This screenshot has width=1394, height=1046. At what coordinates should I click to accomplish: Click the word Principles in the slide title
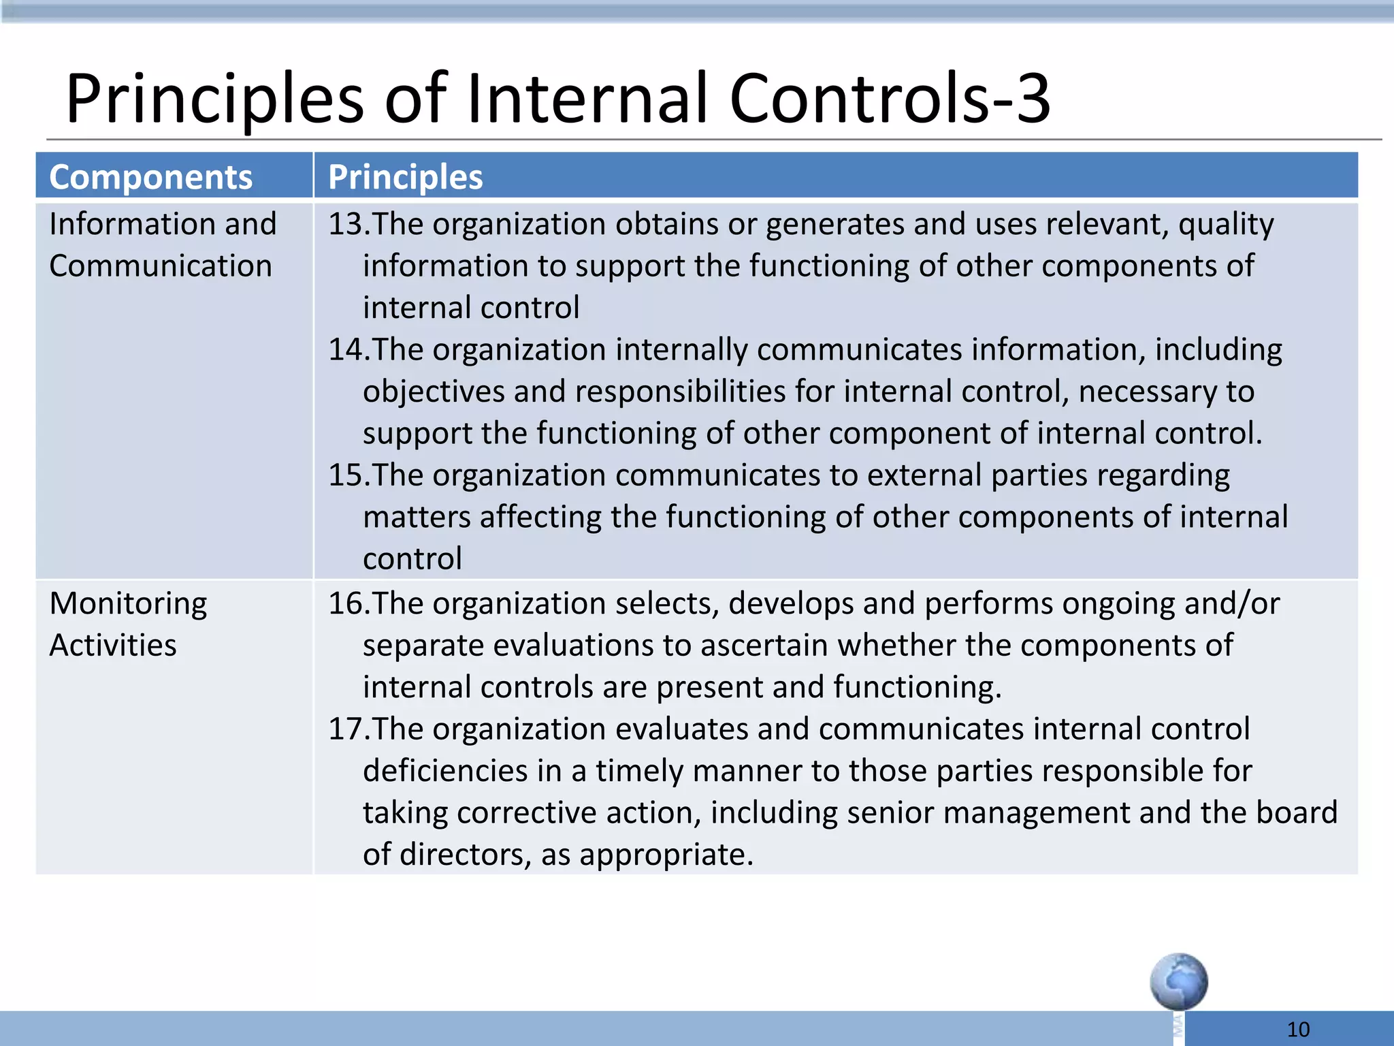214,99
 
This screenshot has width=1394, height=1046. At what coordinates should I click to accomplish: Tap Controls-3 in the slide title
890,99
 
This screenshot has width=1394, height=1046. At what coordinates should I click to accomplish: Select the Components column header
150,177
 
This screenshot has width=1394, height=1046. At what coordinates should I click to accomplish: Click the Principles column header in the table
405,177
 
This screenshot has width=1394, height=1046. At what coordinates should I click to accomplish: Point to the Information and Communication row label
162,244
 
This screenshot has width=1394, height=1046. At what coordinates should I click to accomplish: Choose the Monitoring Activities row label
128,624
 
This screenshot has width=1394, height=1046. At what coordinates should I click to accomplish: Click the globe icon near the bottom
1179,981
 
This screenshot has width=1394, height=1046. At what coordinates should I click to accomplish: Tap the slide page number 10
1298,1029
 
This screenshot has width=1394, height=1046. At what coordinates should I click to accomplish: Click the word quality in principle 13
1226,225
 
